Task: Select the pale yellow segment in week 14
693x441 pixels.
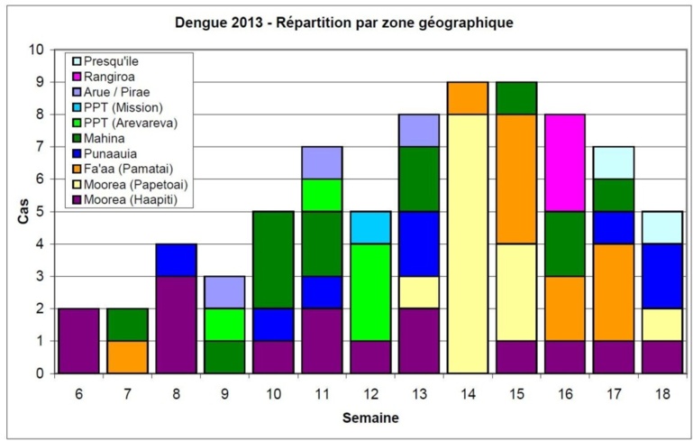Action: click(x=467, y=243)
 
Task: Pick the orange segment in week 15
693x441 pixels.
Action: click(x=515, y=179)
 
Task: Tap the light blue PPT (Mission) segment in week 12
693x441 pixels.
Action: click(x=369, y=227)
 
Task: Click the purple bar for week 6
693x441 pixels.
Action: click(x=78, y=340)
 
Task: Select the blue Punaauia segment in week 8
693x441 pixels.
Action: click(x=175, y=260)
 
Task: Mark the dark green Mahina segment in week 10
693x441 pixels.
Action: click(x=272, y=260)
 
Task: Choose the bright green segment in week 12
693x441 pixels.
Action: click(x=369, y=292)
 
